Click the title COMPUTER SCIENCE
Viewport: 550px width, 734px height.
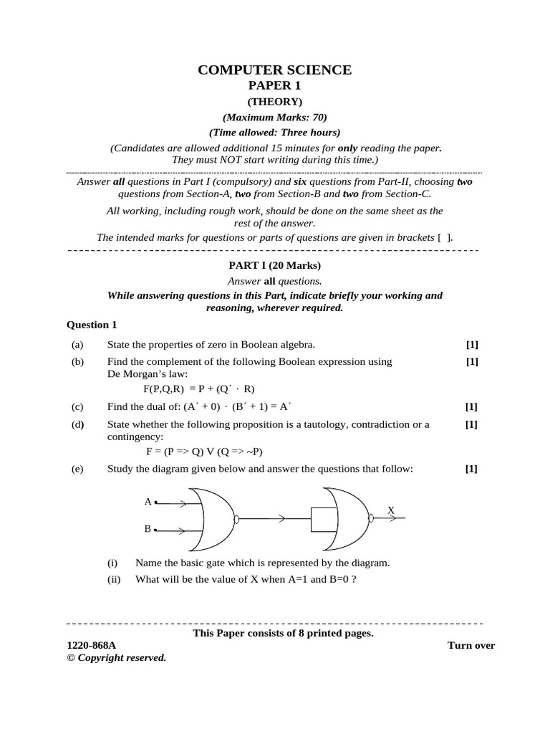[274, 70]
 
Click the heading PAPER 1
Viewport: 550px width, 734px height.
[274, 86]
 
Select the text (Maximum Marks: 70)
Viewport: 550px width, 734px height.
[274, 117]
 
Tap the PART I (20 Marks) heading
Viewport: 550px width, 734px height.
[274, 266]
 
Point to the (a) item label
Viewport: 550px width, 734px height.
[77, 344]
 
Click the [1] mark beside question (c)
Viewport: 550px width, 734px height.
[472, 406]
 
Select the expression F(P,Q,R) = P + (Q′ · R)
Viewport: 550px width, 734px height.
[198, 389]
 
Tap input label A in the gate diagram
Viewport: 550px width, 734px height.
[148, 502]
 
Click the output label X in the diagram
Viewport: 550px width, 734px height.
[391, 510]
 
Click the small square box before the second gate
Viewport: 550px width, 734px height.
[323, 518]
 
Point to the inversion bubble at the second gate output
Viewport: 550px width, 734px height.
[370, 518]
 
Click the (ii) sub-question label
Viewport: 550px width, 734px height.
[113, 579]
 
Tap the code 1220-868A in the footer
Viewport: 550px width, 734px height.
[91, 645]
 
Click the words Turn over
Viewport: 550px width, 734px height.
[471, 645]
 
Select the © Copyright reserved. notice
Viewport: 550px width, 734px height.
[116, 657]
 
